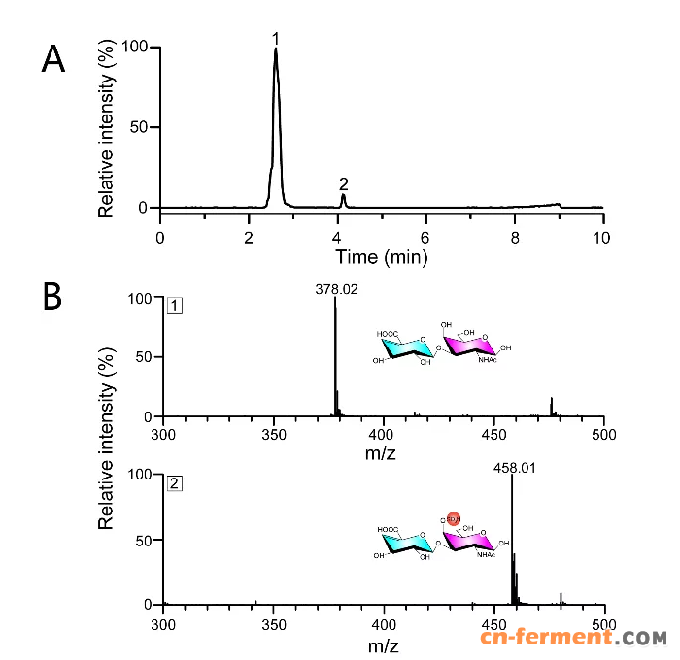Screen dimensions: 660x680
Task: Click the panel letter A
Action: click(x=53, y=60)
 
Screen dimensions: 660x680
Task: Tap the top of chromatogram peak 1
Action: click(x=276, y=50)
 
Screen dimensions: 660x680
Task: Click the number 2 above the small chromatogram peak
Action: click(x=343, y=183)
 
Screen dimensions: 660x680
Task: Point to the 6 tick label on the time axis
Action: click(x=425, y=235)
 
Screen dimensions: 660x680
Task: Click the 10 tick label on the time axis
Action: click(x=603, y=235)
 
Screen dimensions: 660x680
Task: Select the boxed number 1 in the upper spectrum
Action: click(x=174, y=306)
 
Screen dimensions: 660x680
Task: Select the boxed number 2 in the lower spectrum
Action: click(x=174, y=482)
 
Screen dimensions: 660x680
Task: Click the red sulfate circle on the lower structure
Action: click(x=453, y=520)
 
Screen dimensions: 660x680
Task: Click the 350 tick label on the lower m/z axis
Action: click(x=274, y=623)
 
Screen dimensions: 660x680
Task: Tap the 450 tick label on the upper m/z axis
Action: click(x=493, y=435)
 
